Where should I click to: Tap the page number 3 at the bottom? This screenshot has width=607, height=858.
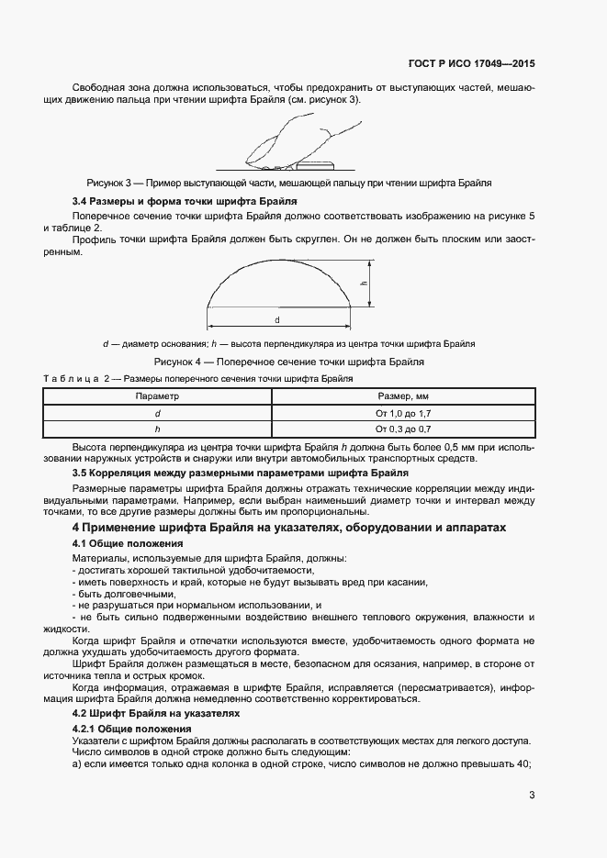tap(532, 795)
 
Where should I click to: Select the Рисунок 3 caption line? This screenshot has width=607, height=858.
tap(289, 183)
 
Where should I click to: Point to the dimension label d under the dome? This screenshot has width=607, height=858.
tap(277, 319)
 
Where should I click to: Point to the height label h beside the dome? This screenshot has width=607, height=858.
tap(364, 284)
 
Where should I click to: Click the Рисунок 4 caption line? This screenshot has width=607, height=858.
tap(288, 362)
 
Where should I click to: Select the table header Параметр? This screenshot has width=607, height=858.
tap(157, 396)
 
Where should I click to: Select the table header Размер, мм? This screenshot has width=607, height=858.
tap(403, 396)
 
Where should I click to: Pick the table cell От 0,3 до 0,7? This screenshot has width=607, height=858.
tap(403, 428)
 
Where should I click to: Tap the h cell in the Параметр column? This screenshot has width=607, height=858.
tap(157, 428)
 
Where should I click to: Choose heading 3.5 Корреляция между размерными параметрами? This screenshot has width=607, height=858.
tap(241, 472)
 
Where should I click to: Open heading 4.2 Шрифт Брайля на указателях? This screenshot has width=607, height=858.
tap(155, 711)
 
